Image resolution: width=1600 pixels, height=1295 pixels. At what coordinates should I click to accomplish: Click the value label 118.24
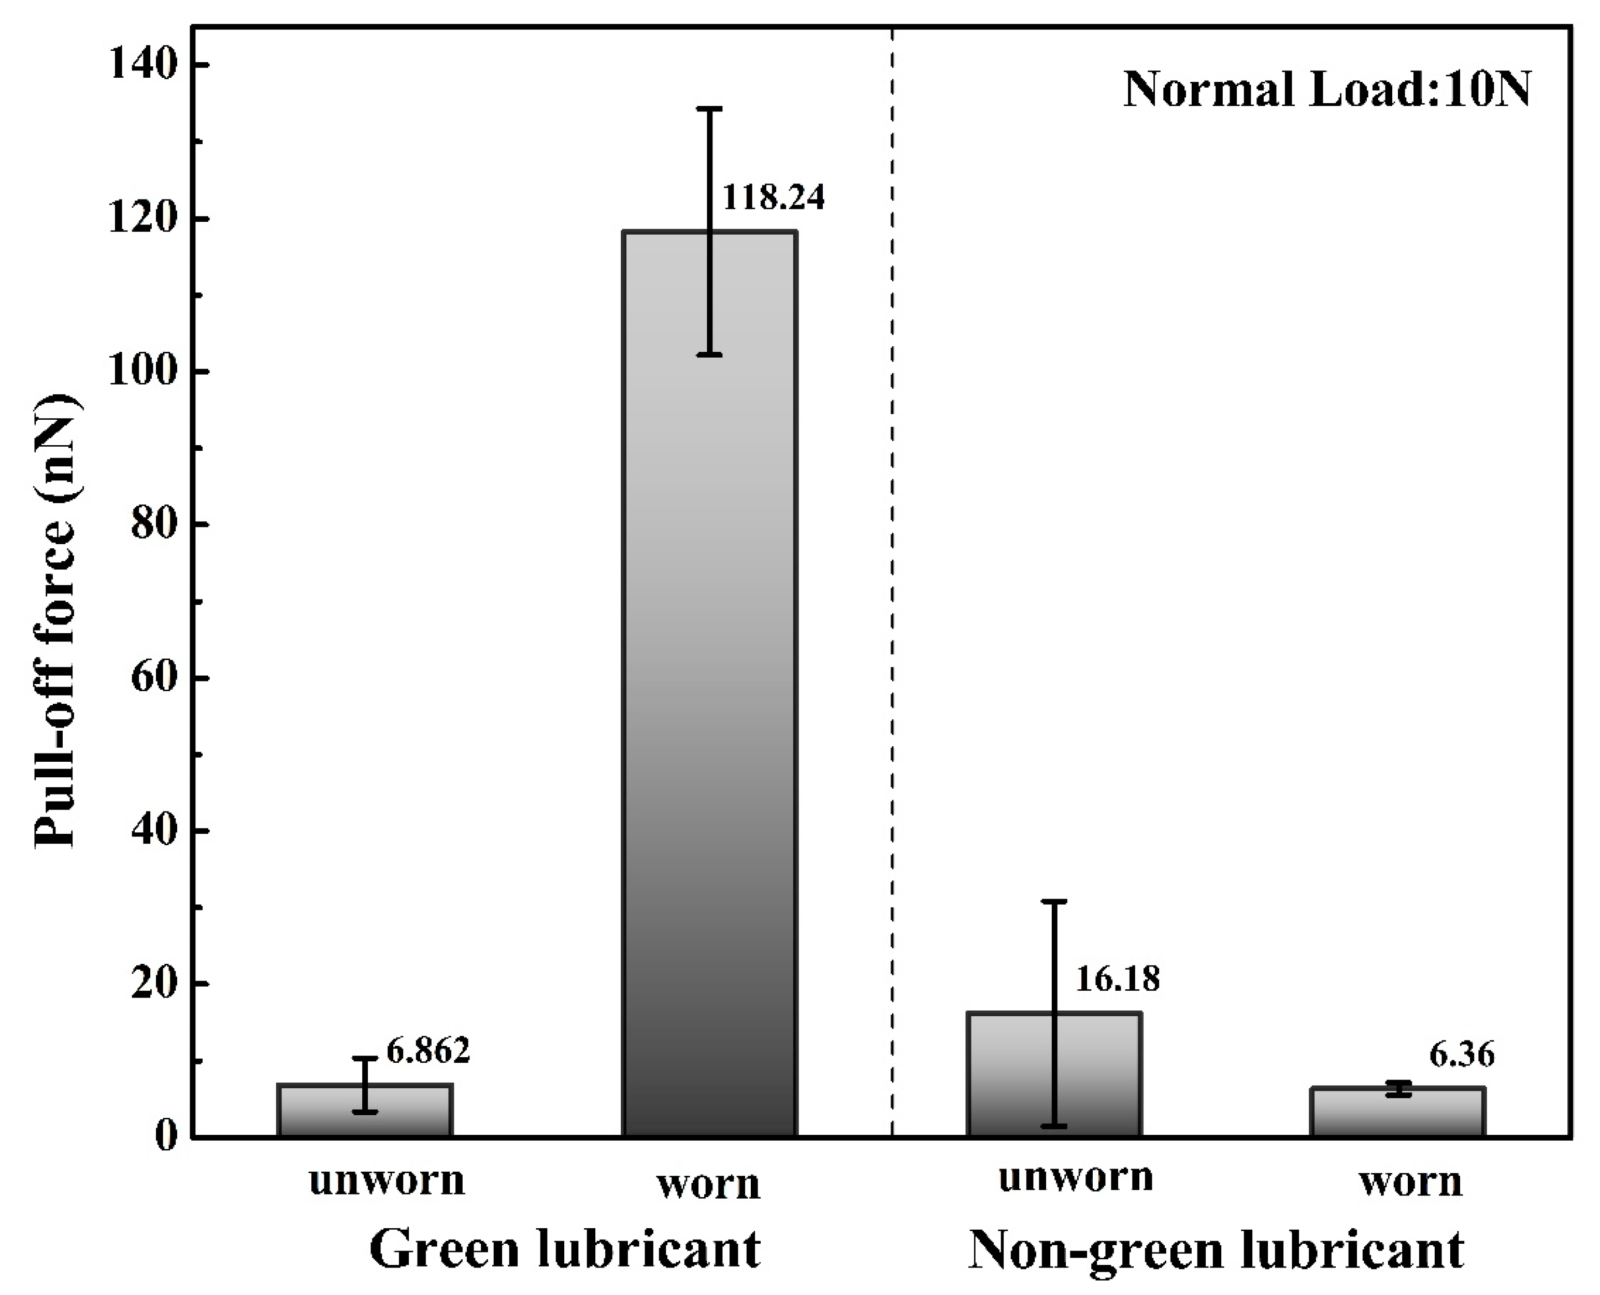coord(774,197)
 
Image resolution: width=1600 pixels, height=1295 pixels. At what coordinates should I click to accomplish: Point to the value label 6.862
coord(427,1050)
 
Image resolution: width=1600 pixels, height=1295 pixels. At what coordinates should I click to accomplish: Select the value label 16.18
coord(1118,978)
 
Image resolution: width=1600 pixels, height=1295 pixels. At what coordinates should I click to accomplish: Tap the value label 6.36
coord(1462,1055)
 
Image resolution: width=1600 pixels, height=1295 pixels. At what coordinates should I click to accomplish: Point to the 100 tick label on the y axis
coord(146,372)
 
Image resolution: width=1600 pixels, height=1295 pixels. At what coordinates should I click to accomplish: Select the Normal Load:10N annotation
coord(1327,90)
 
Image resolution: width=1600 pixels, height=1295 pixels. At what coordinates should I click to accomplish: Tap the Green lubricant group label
coord(565,1248)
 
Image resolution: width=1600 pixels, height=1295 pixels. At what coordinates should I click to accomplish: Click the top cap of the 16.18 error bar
coord(1054,901)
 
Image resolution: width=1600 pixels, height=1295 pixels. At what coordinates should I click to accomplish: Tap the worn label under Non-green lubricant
coord(1410,1183)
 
